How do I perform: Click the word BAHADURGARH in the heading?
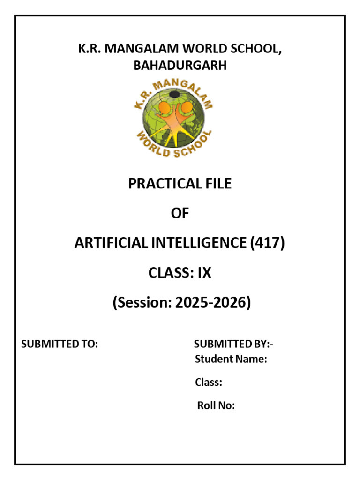pos(180,66)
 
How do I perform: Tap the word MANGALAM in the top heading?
pos(138,49)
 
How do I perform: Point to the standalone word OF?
pos(180,213)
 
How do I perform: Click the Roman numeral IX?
pos(204,273)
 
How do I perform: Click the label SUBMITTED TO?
pos(60,344)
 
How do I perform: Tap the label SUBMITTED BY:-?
pos(233,344)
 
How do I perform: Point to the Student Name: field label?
pos(231,360)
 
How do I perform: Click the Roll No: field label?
pos(216,405)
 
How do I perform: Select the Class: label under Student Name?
pos(209,382)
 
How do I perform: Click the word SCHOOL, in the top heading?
pos(258,49)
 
